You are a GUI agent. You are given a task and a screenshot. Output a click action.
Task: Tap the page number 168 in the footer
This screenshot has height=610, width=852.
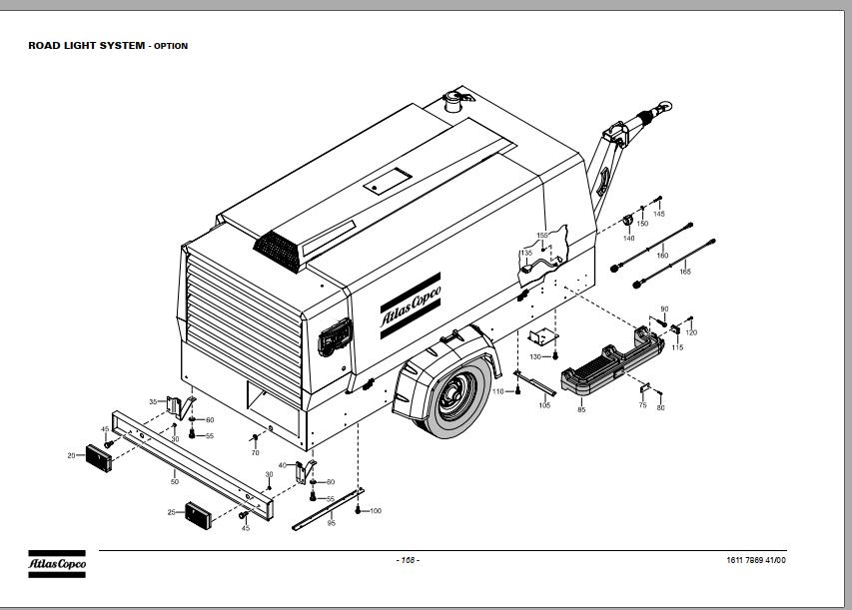point(408,560)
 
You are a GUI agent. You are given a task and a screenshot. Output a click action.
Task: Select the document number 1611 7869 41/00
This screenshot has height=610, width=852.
point(756,560)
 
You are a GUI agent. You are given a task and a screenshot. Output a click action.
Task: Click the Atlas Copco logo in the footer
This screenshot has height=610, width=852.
point(57,564)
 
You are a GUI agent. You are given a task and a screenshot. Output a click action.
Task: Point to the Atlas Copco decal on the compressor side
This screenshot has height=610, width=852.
point(410,299)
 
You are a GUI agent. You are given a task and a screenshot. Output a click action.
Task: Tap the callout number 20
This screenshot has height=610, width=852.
point(71,455)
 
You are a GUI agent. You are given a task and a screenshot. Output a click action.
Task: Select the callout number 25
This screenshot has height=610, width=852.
point(171,512)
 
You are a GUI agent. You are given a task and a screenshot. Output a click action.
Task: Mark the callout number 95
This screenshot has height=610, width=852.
point(331,523)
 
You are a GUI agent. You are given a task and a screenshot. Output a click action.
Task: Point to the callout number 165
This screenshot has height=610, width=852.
point(684,272)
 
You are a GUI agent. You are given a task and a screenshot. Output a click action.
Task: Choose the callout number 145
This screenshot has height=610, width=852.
point(658,214)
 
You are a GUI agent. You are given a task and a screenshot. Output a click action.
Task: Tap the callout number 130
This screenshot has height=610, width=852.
point(535,356)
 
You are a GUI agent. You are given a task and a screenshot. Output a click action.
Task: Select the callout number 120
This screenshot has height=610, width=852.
point(691,332)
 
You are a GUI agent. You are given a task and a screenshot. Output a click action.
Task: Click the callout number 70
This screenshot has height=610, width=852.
point(255,453)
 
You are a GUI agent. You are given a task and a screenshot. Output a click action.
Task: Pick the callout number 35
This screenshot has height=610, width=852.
point(153,401)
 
